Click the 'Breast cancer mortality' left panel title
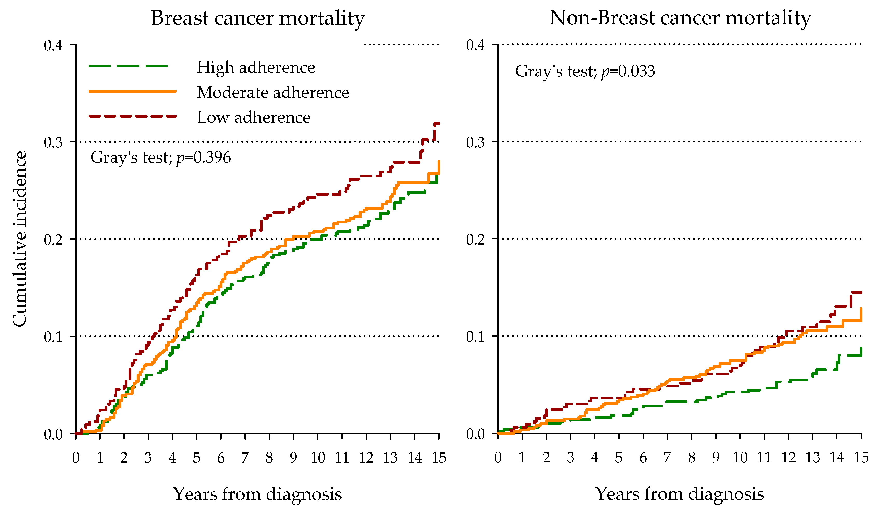point(258,18)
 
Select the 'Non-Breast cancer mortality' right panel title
point(680,18)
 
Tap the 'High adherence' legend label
point(256,67)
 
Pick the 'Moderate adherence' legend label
point(273,93)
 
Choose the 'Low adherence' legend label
point(254,117)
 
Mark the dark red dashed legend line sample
point(133,116)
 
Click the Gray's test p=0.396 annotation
point(161,157)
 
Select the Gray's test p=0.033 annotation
point(585,72)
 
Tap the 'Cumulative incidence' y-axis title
point(20,239)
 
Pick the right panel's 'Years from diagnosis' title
point(680,494)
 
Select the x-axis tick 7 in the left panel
point(245,458)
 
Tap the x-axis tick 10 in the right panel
point(740,458)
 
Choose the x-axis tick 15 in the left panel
point(439,458)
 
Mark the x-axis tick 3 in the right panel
point(570,458)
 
